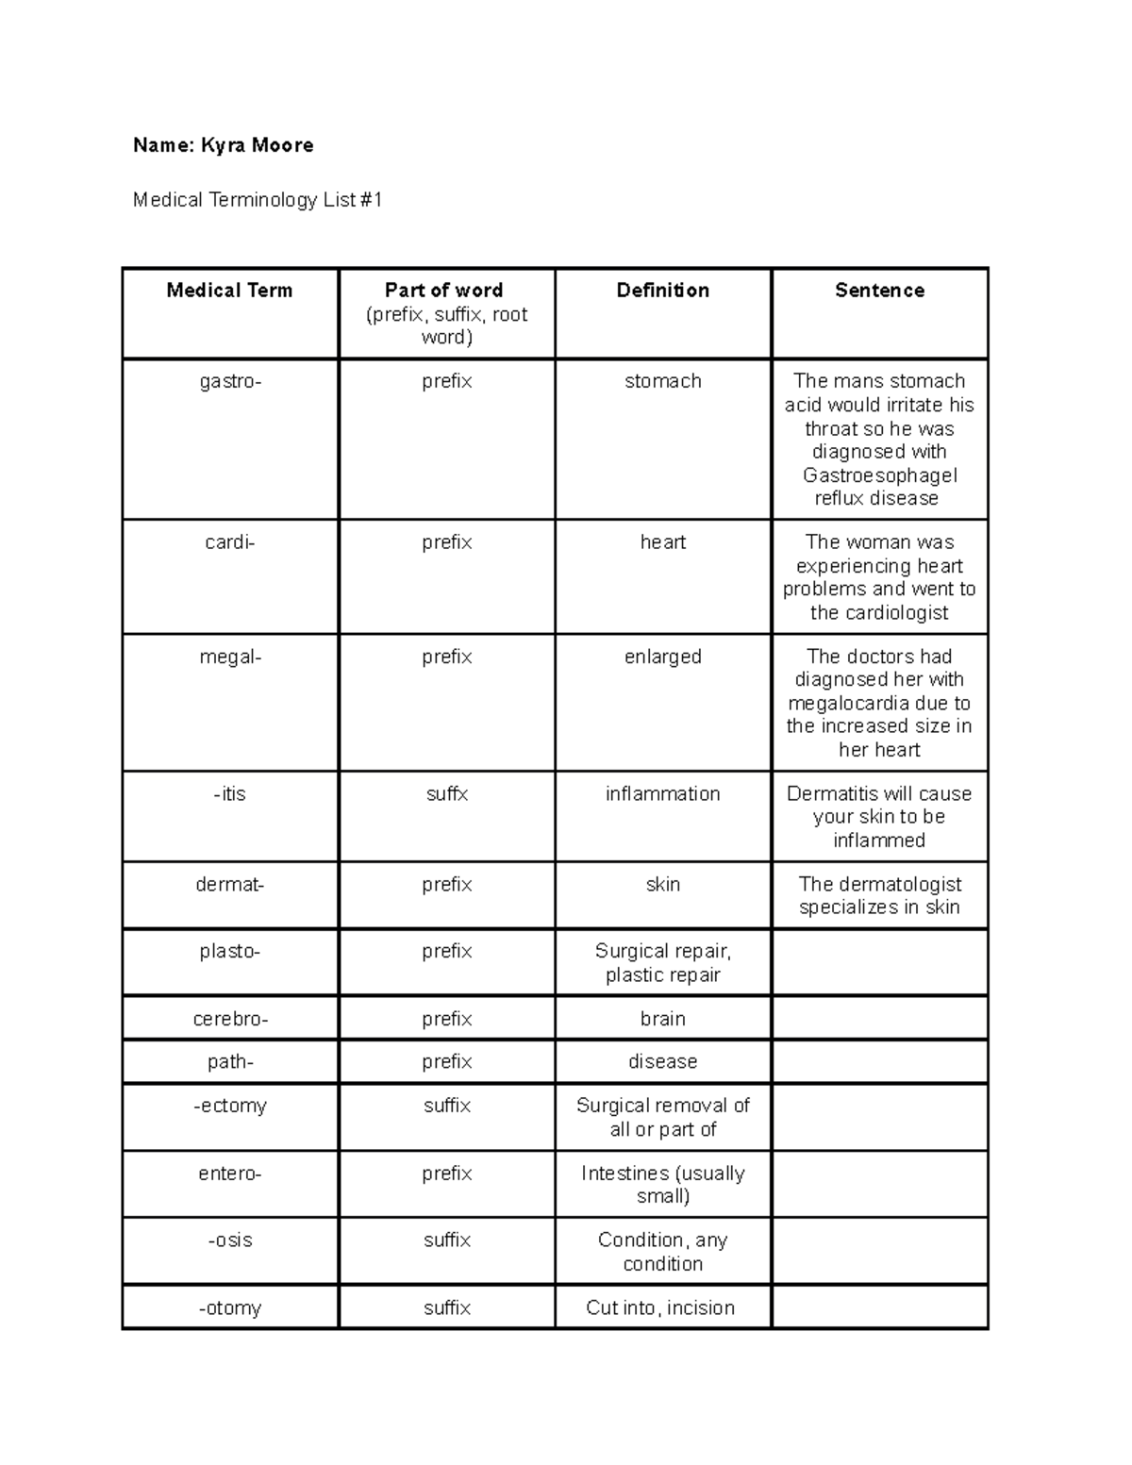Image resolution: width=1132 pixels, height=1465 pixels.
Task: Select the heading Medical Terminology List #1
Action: click(258, 200)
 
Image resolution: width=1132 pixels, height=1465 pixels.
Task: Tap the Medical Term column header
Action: click(229, 291)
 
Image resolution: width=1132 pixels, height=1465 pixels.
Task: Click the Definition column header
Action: click(662, 291)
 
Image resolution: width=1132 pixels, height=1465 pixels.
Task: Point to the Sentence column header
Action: click(879, 291)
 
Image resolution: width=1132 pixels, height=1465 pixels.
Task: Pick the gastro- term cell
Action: click(230, 381)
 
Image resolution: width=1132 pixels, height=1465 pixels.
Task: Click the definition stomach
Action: click(662, 381)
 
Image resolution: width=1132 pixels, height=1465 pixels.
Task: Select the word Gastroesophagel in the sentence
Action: click(879, 475)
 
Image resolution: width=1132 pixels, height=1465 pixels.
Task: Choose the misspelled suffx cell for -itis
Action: click(446, 794)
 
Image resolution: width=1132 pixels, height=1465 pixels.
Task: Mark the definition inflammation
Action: click(662, 794)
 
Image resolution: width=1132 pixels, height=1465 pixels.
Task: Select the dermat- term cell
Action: click(230, 885)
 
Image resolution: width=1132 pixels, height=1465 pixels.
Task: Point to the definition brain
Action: click(662, 1019)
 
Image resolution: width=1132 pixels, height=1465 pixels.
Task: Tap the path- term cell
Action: click(230, 1062)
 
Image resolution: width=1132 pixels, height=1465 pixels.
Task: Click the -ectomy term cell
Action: click(230, 1106)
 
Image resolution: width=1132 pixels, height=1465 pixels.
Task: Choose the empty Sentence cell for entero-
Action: click(879, 1185)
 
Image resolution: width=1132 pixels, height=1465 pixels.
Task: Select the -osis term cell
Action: click(230, 1240)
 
